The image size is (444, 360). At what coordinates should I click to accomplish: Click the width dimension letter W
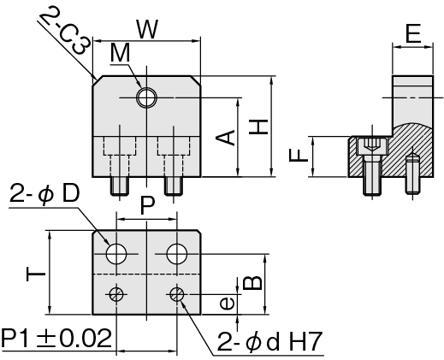click(x=147, y=29)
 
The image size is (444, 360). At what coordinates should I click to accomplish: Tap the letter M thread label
click(x=120, y=53)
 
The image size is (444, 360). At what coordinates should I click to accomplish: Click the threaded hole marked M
click(x=146, y=97)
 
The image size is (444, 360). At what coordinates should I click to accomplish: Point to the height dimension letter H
click(x=258, y=127)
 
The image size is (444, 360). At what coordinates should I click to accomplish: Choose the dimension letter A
click(x=225, y=138)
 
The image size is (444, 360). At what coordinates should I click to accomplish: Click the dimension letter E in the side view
click(x=413, y=33)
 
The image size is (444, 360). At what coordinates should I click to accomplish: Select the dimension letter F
click(x=299, y=156)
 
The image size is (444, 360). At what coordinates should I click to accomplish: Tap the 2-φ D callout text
click(x=44, y=194)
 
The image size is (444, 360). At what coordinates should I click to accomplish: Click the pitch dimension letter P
click(x=148, y=206)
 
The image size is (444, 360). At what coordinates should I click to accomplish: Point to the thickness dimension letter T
click(x=36, y=274)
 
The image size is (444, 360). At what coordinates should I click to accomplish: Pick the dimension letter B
click(x=252, y=283)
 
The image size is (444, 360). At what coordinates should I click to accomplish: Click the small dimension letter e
click(x=228, y=304)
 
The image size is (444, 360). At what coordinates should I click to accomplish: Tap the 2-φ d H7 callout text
click(x=269, y=341)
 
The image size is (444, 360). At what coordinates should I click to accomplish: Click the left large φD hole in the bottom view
click(x=116, y=254)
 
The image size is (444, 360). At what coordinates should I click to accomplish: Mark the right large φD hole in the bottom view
click(x=177, y=254)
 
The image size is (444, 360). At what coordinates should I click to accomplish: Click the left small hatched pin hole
click(x=116, y=294)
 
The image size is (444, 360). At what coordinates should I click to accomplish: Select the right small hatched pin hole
click(x=177, y=294)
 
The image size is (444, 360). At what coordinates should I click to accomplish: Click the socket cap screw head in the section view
click(x=372, y=146)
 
